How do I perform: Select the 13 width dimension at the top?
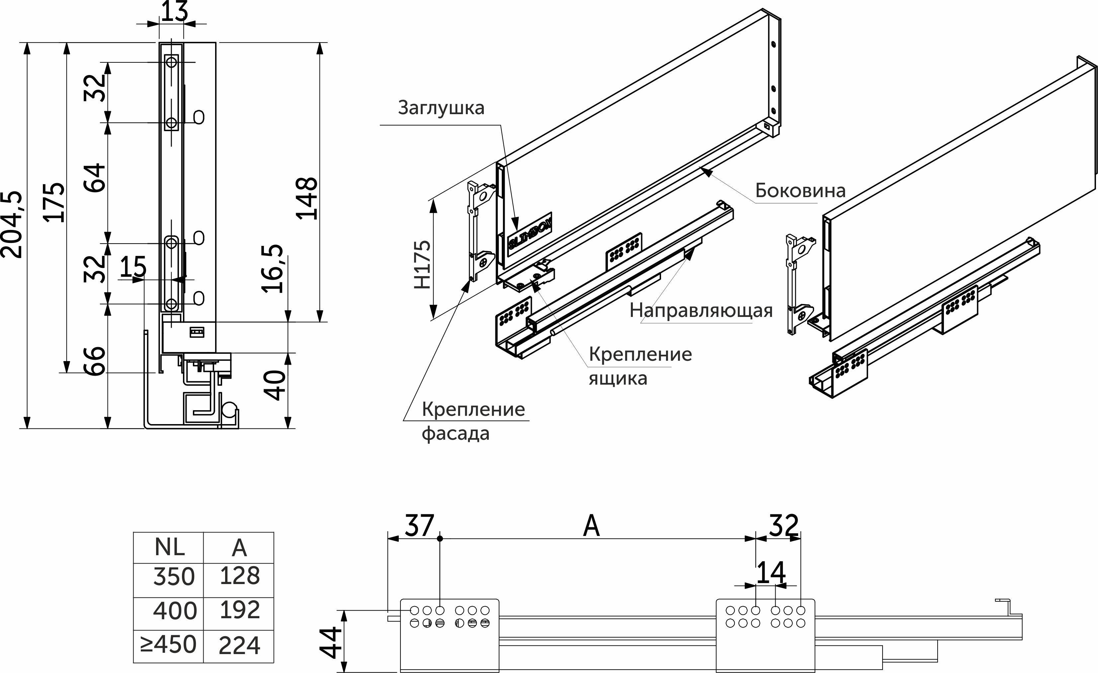click(174, 12)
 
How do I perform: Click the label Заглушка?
click(441, 108)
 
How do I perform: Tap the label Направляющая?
click(701, 310)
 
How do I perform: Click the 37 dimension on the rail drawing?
click(419, 526)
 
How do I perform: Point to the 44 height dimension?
click(331, 642)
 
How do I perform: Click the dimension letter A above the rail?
click(591, 526)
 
